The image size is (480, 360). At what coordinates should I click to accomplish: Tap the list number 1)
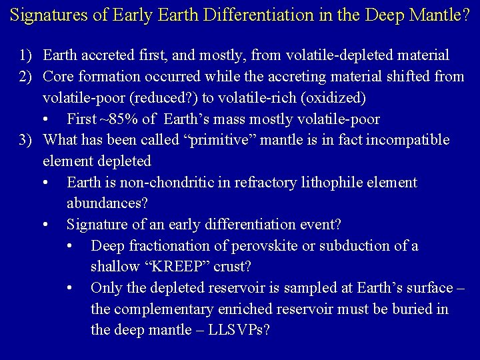point(26,55)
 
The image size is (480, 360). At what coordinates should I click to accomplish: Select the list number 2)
point(26,77)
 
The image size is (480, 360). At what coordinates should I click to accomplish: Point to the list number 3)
point(26,140)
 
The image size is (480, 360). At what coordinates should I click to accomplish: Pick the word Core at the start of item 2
point(57,77)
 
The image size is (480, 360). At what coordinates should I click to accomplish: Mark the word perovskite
point(262,246)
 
